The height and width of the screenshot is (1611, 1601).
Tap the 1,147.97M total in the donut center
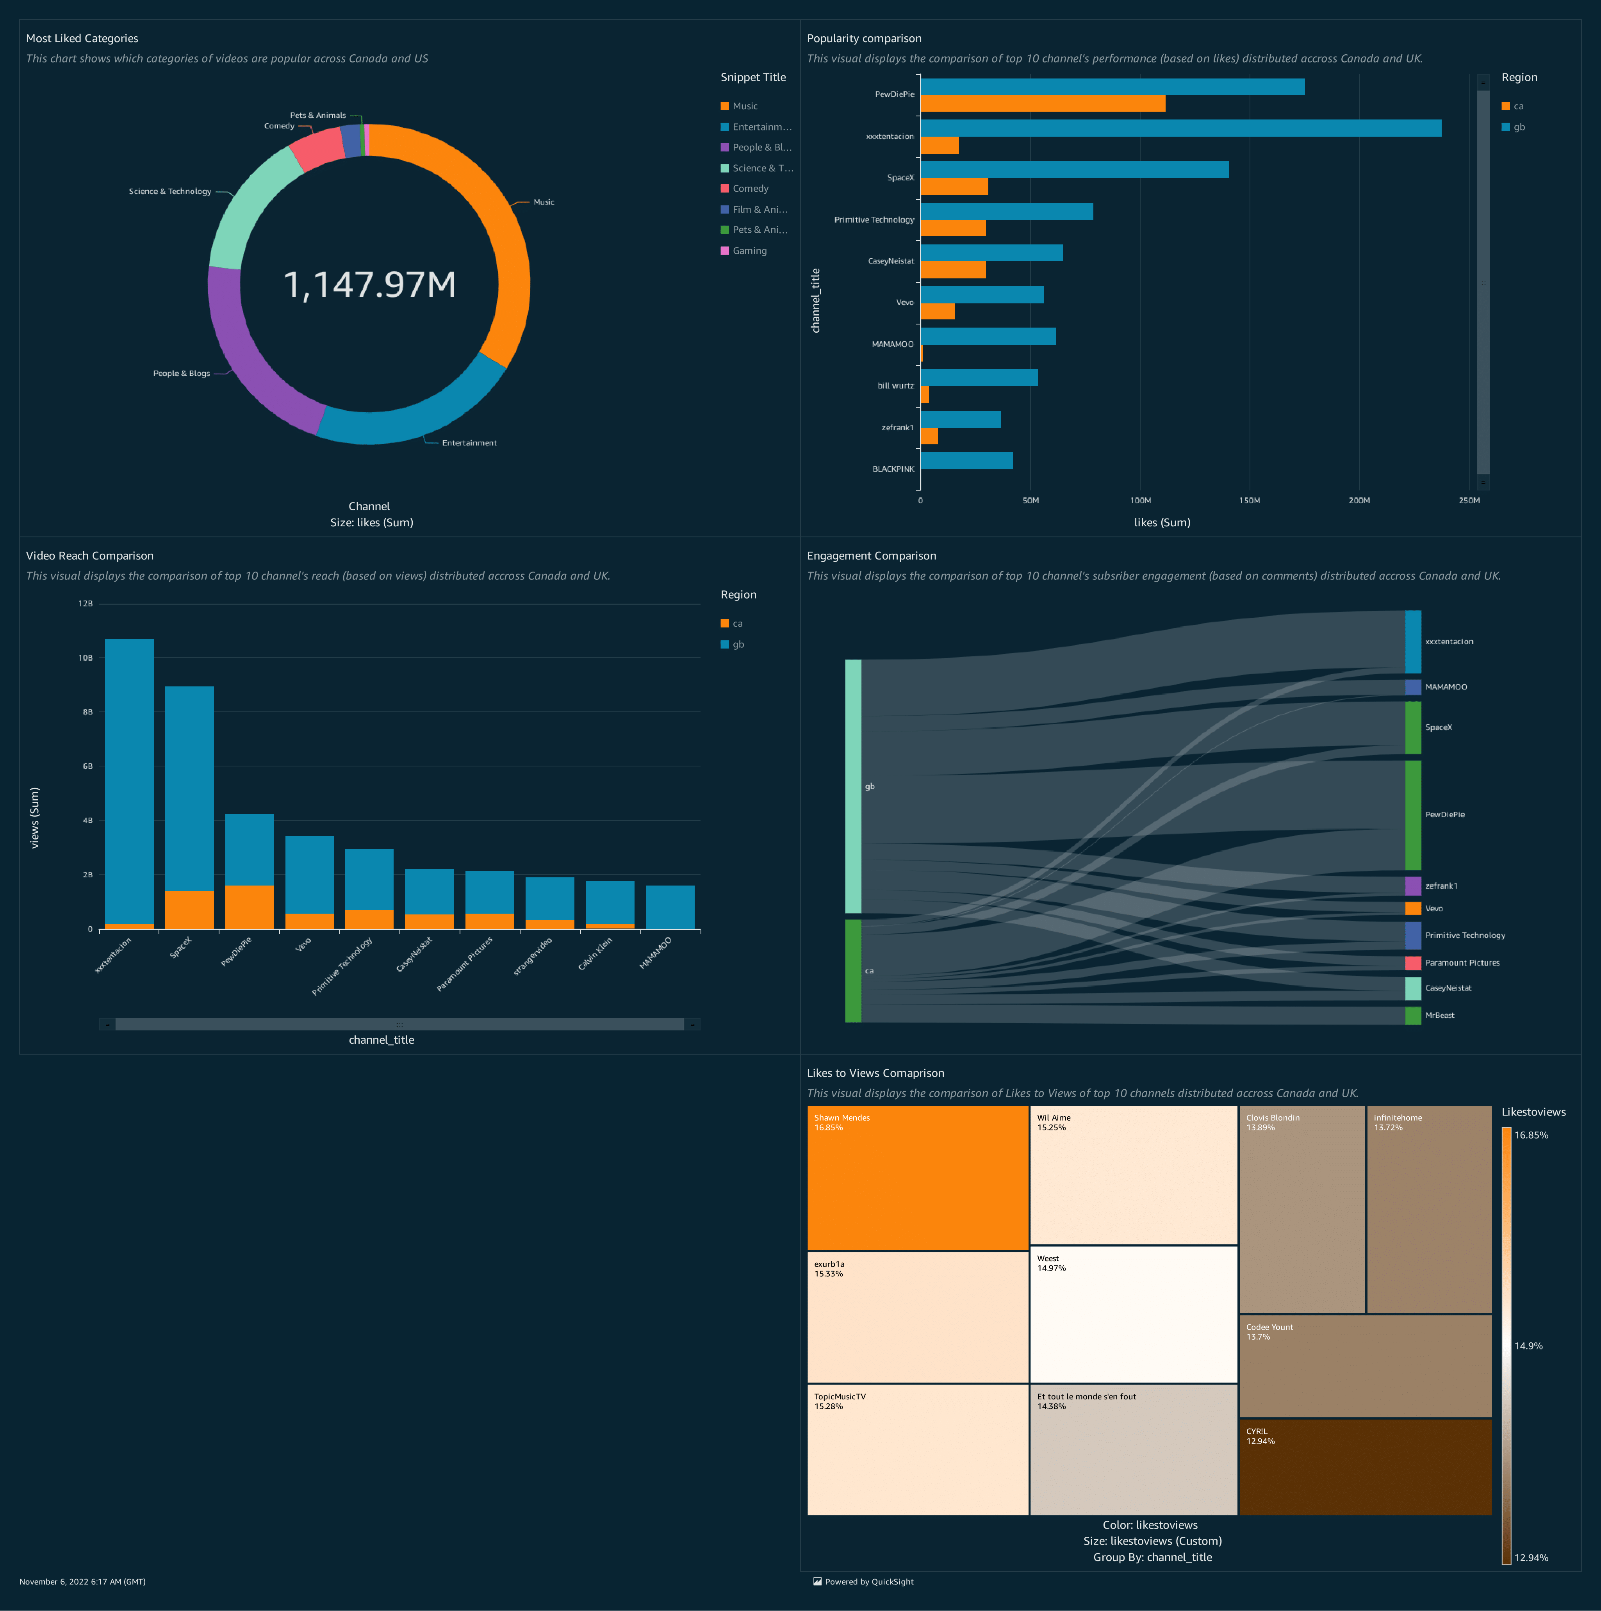pyautogui.click(x=369, y=284)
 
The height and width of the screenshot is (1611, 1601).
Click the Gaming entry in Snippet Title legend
pyautogui.click(x=749, y=251)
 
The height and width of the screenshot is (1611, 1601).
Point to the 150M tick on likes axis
pyautogui.click(x=1249, y=500)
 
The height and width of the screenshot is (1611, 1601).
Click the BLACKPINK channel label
pyautogui.click(x=893, y=469)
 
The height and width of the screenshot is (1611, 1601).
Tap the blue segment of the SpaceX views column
pyautogui.click(x=189, y=788)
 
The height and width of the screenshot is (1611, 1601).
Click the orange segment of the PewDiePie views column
pyautogui.click(x=249, y=907)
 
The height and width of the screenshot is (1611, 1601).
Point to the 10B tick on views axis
pyautogui.click(x=86, y=658)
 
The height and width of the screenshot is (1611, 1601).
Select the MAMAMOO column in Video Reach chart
pyautogui.click(x=670, y=907)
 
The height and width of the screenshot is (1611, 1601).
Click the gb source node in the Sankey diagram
pyautogui.click(x=853, y=786)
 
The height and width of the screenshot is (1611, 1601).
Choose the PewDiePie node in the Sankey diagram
pyautogui.click(x=1412, y=814)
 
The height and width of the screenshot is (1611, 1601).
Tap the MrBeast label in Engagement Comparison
pyautogui.click(x=1439, y=1016)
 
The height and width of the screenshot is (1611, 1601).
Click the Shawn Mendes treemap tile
pyautogui.click(x=917, y=1177)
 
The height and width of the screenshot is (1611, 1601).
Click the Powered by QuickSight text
pyautogui.click(x=869, y=1582)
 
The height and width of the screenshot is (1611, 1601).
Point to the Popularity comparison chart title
pyautogui.click(x=864, y=38)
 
